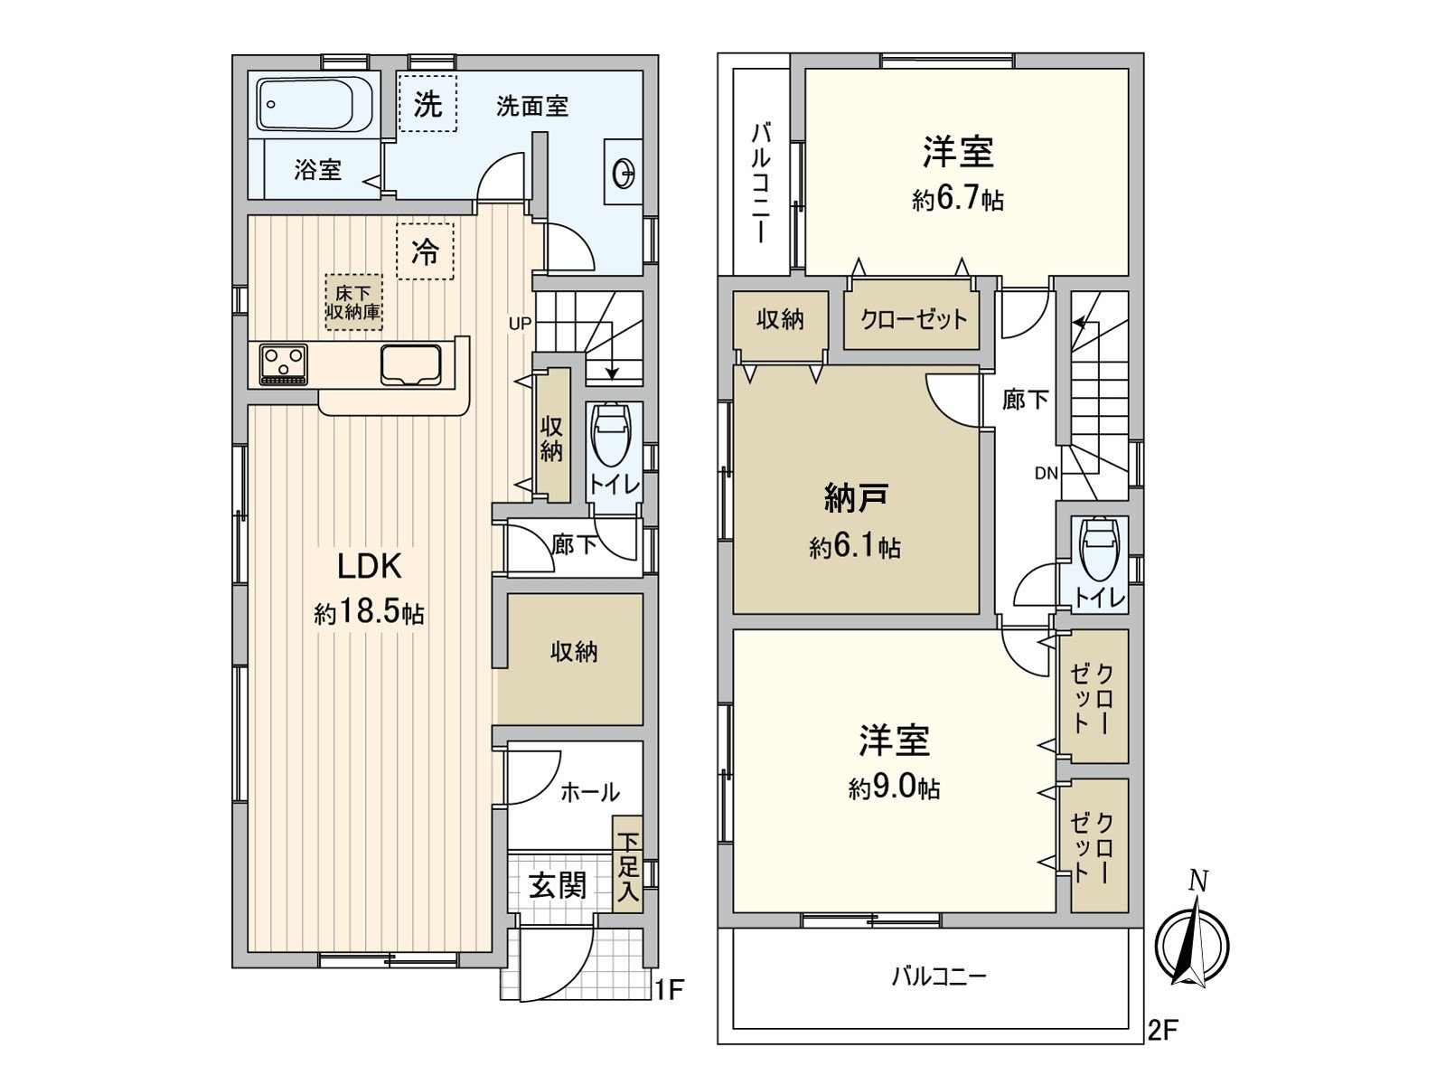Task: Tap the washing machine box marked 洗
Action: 427,104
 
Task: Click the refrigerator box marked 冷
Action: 425,251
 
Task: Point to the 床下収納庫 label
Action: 353,303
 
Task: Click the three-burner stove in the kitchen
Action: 284,364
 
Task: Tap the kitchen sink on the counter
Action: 411,364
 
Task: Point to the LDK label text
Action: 369,567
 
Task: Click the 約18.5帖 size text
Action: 369,612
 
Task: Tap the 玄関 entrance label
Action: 558,885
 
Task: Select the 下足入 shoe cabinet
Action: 628,866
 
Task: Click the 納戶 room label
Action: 855,497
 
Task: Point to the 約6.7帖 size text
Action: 958,199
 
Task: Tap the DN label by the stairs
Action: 1046,473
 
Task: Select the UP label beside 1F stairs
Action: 520,323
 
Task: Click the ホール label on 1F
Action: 589,793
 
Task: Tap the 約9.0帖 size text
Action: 894,788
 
